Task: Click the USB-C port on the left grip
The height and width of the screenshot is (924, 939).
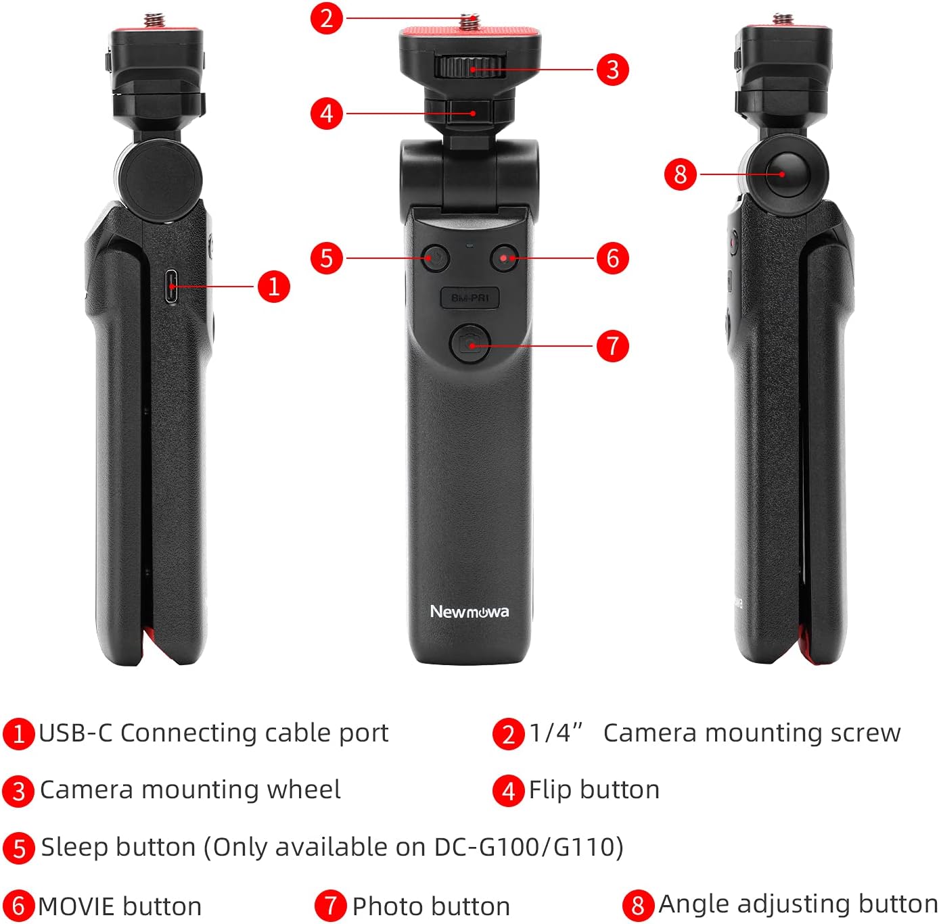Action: pyautogui.click(x=171, y=286)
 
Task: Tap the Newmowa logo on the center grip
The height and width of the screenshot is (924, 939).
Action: pyautogui.click(x=470, y=612)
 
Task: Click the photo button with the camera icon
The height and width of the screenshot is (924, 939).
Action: pyautogui.click(x=470, y=343)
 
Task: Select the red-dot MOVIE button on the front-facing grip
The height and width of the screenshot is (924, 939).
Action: pyautogui.click(x=505, y=258)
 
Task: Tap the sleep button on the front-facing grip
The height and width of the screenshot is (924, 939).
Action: pyautogui.click(x=435, y=258)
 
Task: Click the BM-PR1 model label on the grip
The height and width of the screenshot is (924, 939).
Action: pyautogui.click(x=470, y=297)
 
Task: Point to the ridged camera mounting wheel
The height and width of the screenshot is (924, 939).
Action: pyautogui.click(x=470, y=67)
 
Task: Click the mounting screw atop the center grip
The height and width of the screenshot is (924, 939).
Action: pyautogui.click(x=470, y=21)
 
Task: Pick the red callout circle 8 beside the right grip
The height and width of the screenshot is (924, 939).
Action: pyautogui.click(x=681, y=174)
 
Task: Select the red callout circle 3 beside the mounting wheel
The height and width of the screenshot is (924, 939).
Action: pyautogui.click(x=612, y=70)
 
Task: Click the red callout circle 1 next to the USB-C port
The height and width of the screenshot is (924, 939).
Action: pyautogui.click(x=274, y=287)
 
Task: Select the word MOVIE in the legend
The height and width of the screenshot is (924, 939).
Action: pyautogui.click(x=77, y=906)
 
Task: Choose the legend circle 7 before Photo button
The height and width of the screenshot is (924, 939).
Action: pyautogui.click(x=331, y=906)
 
